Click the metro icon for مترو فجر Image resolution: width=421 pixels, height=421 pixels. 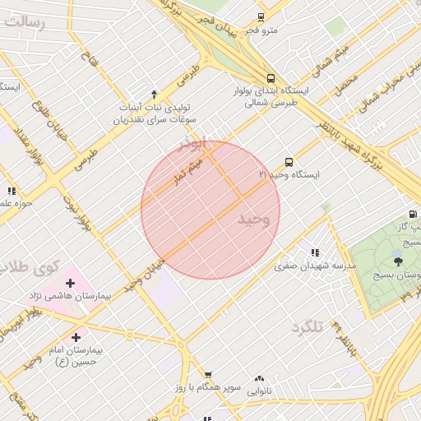261,17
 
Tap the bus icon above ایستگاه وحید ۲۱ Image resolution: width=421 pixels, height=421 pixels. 288,162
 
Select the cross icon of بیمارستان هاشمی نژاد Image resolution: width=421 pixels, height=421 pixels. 70,284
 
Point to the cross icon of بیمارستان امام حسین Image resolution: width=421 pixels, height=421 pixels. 76,337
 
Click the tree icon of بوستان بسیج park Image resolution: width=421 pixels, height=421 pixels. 398,261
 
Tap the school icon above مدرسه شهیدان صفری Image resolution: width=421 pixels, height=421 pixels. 314,252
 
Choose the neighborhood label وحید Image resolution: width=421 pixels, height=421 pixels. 253,220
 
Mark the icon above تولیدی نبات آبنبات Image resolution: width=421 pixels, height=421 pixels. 154,94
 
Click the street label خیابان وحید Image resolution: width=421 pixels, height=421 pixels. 144,275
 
